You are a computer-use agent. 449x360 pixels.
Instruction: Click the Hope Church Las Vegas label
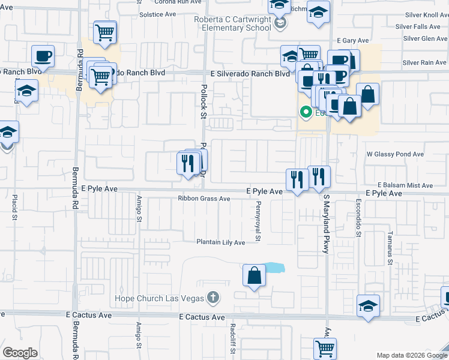click(x=159, y=298)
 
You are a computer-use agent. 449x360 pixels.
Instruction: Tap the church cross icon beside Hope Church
click(x=212, y=297)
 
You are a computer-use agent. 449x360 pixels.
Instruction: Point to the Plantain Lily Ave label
click(x=221, y=242)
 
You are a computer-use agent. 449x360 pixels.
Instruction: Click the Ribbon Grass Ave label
click(x=203, y=199)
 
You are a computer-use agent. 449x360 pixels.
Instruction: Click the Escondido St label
click(x=358, y=218)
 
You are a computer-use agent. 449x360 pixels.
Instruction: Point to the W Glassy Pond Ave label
click(x=395, y=154)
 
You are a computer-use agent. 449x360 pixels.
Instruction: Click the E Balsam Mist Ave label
click(x=405, y=186)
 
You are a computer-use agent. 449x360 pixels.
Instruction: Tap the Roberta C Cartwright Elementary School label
click(x=232, y=23)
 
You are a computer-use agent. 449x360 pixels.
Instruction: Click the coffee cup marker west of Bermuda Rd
click(x=43, y=56)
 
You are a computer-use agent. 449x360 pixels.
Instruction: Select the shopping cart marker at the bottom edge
click(x=325, y=348)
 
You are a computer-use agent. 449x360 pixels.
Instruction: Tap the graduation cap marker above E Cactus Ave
click(x=368, y=306)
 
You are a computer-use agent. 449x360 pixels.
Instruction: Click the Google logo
click(x=20, y=353)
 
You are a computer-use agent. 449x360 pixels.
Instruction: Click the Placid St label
click(x=14, y=209)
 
